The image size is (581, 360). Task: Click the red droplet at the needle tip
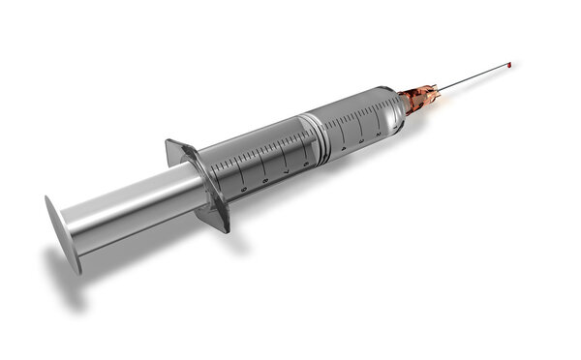[509, 65]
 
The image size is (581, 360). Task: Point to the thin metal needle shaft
[474, 77]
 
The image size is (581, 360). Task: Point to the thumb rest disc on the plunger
[58, 228]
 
